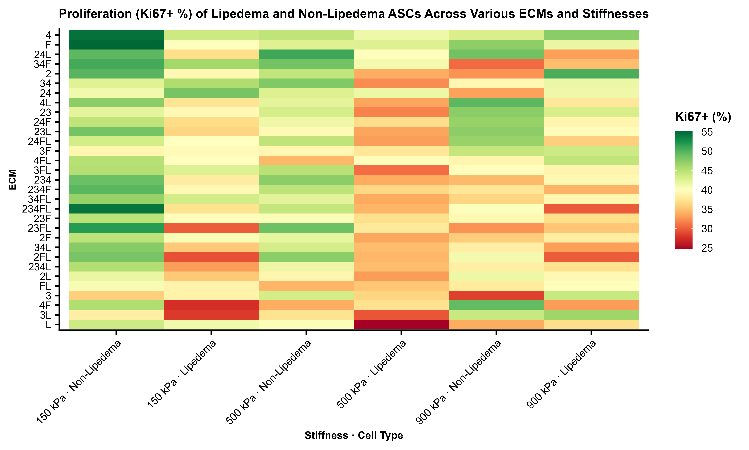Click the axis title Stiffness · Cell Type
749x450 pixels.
[x=354, y=435]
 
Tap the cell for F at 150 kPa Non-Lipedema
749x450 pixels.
[x=116, y=45]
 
